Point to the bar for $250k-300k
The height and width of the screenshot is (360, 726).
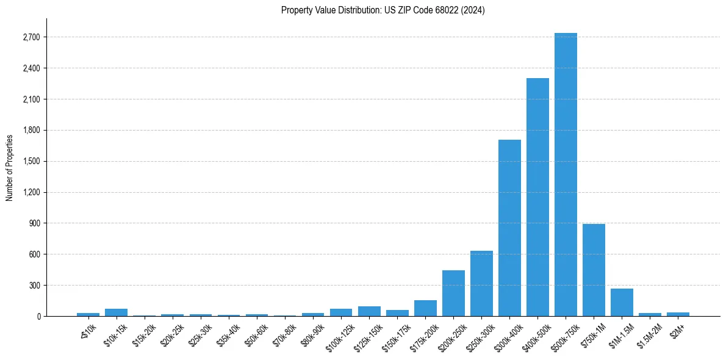pos(481,283)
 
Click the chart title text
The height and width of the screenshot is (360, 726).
pos(383,10)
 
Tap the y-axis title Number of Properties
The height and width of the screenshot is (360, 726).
pos(10,167)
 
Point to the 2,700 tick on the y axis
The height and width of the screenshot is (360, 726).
pos(31,37)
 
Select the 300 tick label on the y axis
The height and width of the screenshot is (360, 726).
pos(35,285)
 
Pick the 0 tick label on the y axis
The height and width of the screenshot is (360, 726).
pos(38,316)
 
